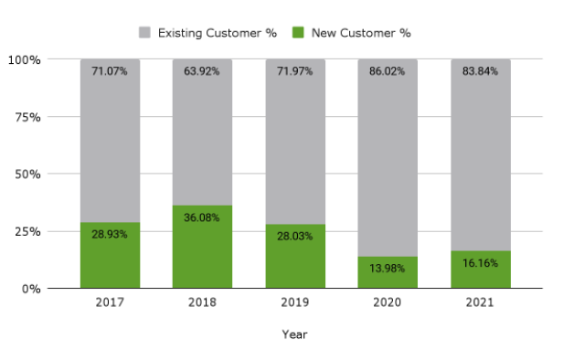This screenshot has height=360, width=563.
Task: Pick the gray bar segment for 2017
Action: click(110, 146)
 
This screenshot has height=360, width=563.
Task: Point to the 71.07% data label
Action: click(110, 70)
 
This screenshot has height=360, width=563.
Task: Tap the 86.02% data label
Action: click(388, 70)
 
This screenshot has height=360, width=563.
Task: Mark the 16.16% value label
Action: click(480, 262)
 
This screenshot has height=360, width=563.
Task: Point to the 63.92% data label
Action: click(202, 70)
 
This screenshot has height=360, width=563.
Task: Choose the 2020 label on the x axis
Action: click(388, 302)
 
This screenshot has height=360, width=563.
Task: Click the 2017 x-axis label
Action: click(110, 302)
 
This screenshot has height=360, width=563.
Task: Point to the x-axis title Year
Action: click(294, 334)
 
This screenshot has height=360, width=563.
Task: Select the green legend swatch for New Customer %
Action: click(297, 33)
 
